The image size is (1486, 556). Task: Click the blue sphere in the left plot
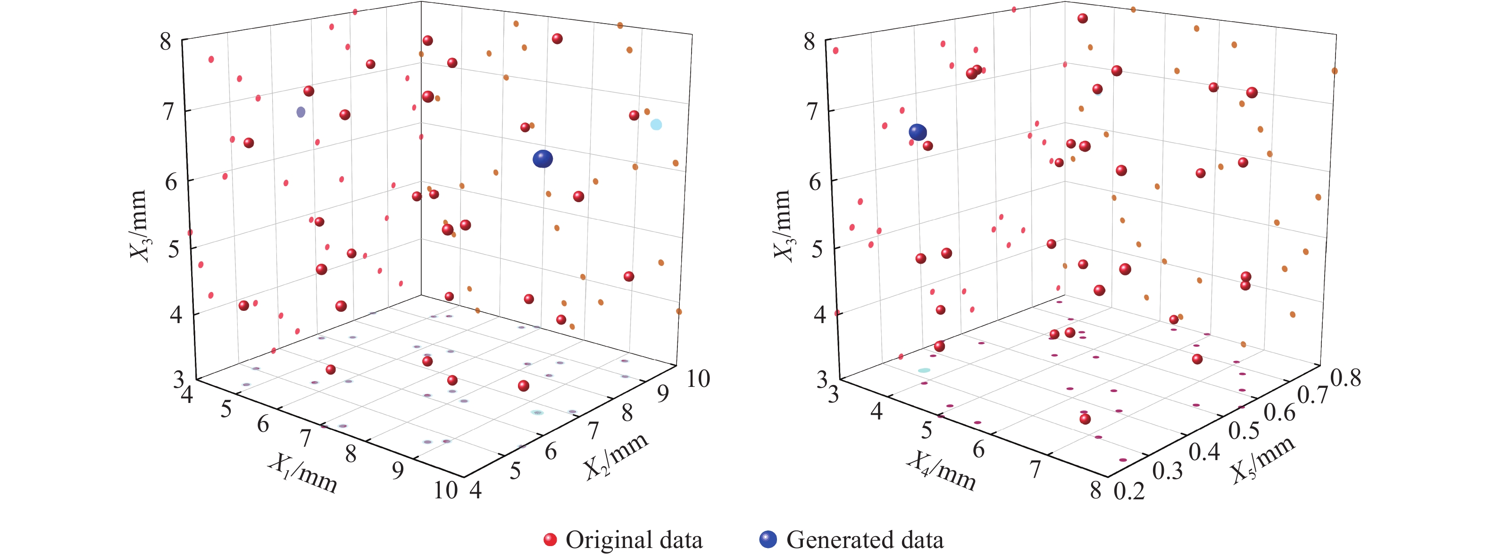pyautogui.click(x=542, y=159)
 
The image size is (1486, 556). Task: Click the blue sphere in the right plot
pyautogui.click(x=918, y=132)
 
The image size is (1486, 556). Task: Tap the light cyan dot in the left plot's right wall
pyautogui.click(x=656, y=124)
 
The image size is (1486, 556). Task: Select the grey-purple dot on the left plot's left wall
pyautogui.click(x=301, y=112)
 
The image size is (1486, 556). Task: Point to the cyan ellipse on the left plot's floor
pyautogui.click(x=537, y=412)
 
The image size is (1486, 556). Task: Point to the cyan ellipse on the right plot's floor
pyautogui.click(x=924, y=370)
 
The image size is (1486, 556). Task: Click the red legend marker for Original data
pyautogui.click(x=550, y=540)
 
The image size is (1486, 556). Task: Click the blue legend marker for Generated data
pyautogui.click(x=768, y=540)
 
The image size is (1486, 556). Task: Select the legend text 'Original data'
pyautogui.click(x=634, y=540)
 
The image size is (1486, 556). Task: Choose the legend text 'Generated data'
pyautogui.click(x=865, y=540)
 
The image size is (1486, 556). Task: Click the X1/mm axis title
pyautogui.click(x=303, y=473)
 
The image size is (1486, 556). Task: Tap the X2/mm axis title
pyautogui.click(x=616, y=456)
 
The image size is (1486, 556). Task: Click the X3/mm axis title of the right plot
pyautogui.click(x=782, y=225)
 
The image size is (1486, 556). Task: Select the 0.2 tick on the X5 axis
pyautogui.click(x=1129, y=491)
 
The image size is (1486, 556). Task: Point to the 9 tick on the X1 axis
pyautogui.click(x=398, y=471)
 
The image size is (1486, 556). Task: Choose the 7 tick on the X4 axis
pyautogui.click(x=1035, y=469)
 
